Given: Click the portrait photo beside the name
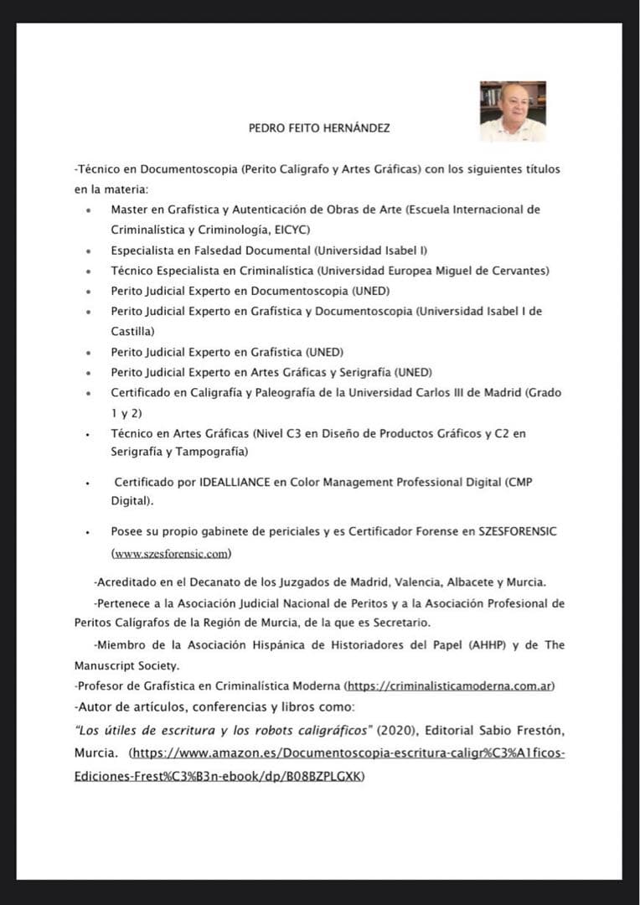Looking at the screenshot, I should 513,111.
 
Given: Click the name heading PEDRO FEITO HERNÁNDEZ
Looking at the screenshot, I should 319,128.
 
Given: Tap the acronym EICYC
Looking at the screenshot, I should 293,229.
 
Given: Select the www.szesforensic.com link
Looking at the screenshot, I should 172,553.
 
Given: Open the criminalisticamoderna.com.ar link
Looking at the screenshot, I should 450,686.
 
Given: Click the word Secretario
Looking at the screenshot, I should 400,623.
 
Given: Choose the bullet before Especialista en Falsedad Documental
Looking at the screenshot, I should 89,251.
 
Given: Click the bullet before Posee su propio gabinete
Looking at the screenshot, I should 89,532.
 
